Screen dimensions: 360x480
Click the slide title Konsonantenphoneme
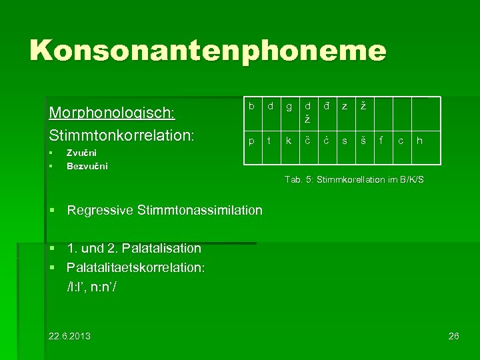pyautogui.click(x=207, y=51)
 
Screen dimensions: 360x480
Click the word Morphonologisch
pyautogui.click(x=111, y=111)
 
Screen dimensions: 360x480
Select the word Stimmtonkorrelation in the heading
pyautogui.click(x=121, y=135)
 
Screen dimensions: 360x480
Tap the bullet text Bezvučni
pyautogui.click(x=87, y=166)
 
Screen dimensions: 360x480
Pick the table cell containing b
pyautogui.click(x=251, y=107)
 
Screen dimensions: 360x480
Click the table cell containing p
pyautogui.click(x=251, y=141)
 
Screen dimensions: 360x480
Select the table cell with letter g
pyautogui.click(x=288, y=107)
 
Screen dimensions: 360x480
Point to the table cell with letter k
pyautogui.click(x=288, y=141)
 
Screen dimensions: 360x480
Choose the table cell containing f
pyautogui.click(x=381, y=141)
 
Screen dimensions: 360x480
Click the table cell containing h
pyautogui.click(x=419, y=141)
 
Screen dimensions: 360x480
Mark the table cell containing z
pyautogui.click(x=344, y=107)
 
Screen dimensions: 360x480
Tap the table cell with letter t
pyautogui.click(x=269, y=141)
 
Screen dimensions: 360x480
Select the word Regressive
pyautogui.click(x=100, y=211)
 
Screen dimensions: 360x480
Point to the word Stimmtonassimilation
pyautogui.click(x=200, y=211)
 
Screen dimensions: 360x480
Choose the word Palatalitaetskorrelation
pyautogui.click(x=136, y=268)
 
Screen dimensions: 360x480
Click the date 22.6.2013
pyautogui.click(x=70, y=335)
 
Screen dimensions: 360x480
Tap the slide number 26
pyautogui.click(x=454, y=335)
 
